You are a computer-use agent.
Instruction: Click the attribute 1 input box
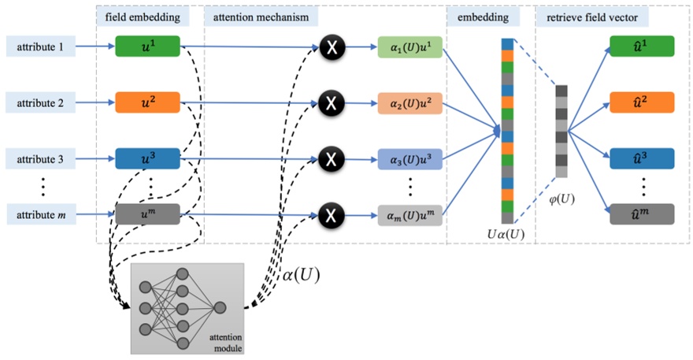coord(41,46)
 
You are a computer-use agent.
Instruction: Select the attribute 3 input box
coord(41,159)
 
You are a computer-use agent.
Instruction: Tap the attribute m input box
coord(41,214)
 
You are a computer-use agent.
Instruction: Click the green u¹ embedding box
coord(148,46)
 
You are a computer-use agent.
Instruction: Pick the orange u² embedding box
coord(148,102)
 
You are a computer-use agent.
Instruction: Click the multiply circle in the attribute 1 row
coord(332,48)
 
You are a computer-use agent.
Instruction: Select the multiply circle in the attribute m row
coord(332,214)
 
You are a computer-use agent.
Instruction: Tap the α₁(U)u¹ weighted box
coord(410,48)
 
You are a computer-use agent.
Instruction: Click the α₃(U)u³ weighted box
coord(410,159)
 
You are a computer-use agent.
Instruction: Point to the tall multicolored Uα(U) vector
coord(507,130)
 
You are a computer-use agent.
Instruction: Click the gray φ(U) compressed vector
coord(561,130)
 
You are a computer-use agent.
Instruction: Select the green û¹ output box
coord(643,46)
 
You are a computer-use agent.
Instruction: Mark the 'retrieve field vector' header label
coord(592,16)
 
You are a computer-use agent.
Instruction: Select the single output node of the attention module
coord(220,306)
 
